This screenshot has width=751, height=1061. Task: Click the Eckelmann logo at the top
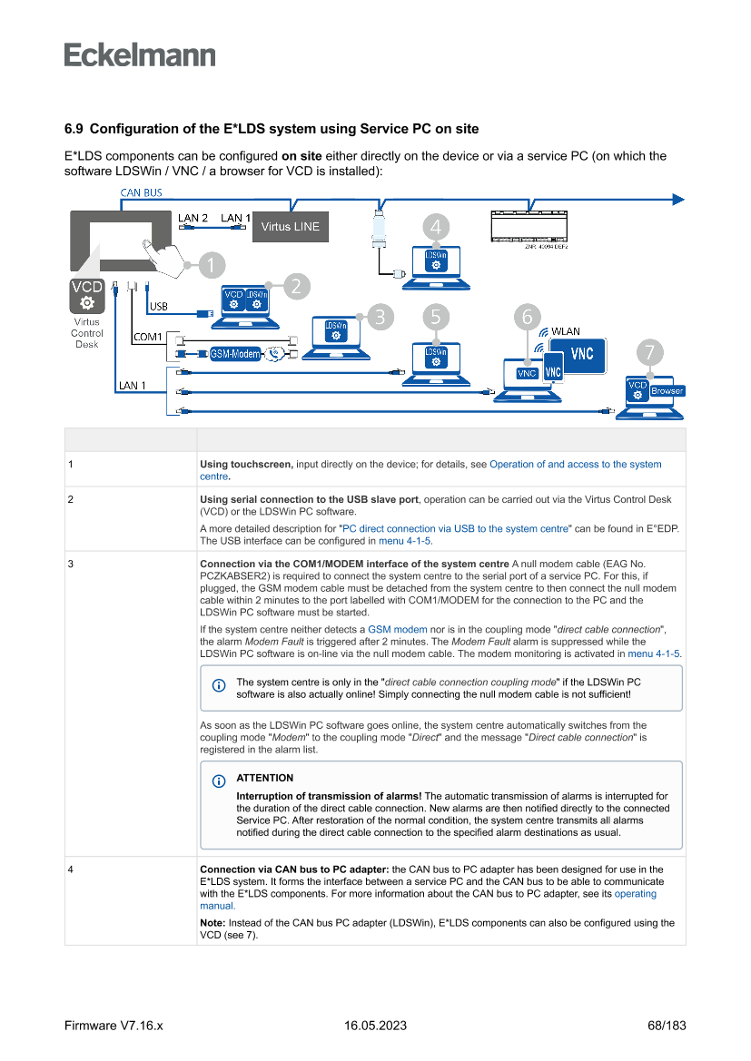[x=140, y=54]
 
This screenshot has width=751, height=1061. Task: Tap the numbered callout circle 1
[x=210, y=265]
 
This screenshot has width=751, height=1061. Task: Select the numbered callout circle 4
[x=437, y=227]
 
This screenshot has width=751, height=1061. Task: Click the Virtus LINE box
[x=291, y=226]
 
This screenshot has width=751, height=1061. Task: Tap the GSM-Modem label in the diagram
[x=235, y=354]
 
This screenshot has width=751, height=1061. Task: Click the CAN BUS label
[x=142, y=192]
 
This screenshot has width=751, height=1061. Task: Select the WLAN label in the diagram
[x=565, y=331]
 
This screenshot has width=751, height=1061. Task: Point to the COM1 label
[x=148, y=337]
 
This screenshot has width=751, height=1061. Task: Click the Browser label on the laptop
[x=667, y=391]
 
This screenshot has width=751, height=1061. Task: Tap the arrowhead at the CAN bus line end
[x=677, y=199]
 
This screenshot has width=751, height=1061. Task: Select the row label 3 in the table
[x=70, y=563]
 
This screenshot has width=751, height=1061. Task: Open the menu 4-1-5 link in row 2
[x=404, y=541]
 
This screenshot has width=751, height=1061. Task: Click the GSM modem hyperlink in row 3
[x=397, y=629]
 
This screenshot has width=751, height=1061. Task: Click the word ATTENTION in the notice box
[x=264, y=778]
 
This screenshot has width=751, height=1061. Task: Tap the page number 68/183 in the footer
[x=667, y=1026]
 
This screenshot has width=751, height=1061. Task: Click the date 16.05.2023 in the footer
[x=375, y=1026]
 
